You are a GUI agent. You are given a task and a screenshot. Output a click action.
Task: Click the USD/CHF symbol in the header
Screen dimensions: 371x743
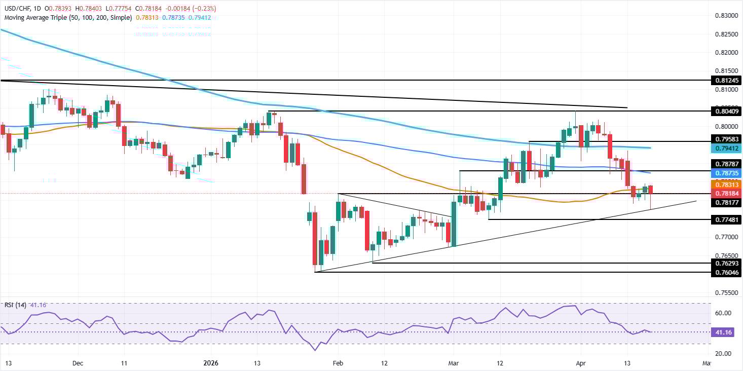pos(18,9)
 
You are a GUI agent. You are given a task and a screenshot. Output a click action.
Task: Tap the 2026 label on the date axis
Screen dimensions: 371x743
pos(210,363)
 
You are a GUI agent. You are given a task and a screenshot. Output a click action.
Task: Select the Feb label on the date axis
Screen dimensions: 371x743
pos(339,363)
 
